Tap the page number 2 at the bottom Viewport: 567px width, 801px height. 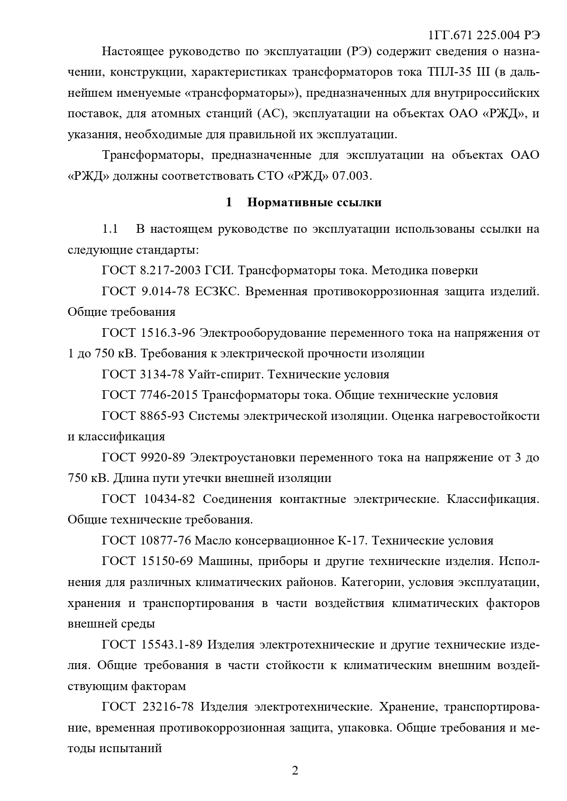pyautogui.click(x=295, y=770)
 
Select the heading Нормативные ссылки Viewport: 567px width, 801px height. pyautogui.click(x=314, y=202)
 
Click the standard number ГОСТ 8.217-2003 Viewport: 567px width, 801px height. pyautogui.click(x=151, y=270)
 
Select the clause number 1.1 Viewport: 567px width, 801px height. pyautogui.click(x=110, y=229)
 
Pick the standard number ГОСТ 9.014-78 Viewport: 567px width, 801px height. pyautogui.click(x=145, y=291)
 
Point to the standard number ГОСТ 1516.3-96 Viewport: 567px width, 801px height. pyautogui.click(x=148, y=333)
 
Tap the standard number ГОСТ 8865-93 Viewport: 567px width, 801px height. pyautogui.click(x=143, y=416)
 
